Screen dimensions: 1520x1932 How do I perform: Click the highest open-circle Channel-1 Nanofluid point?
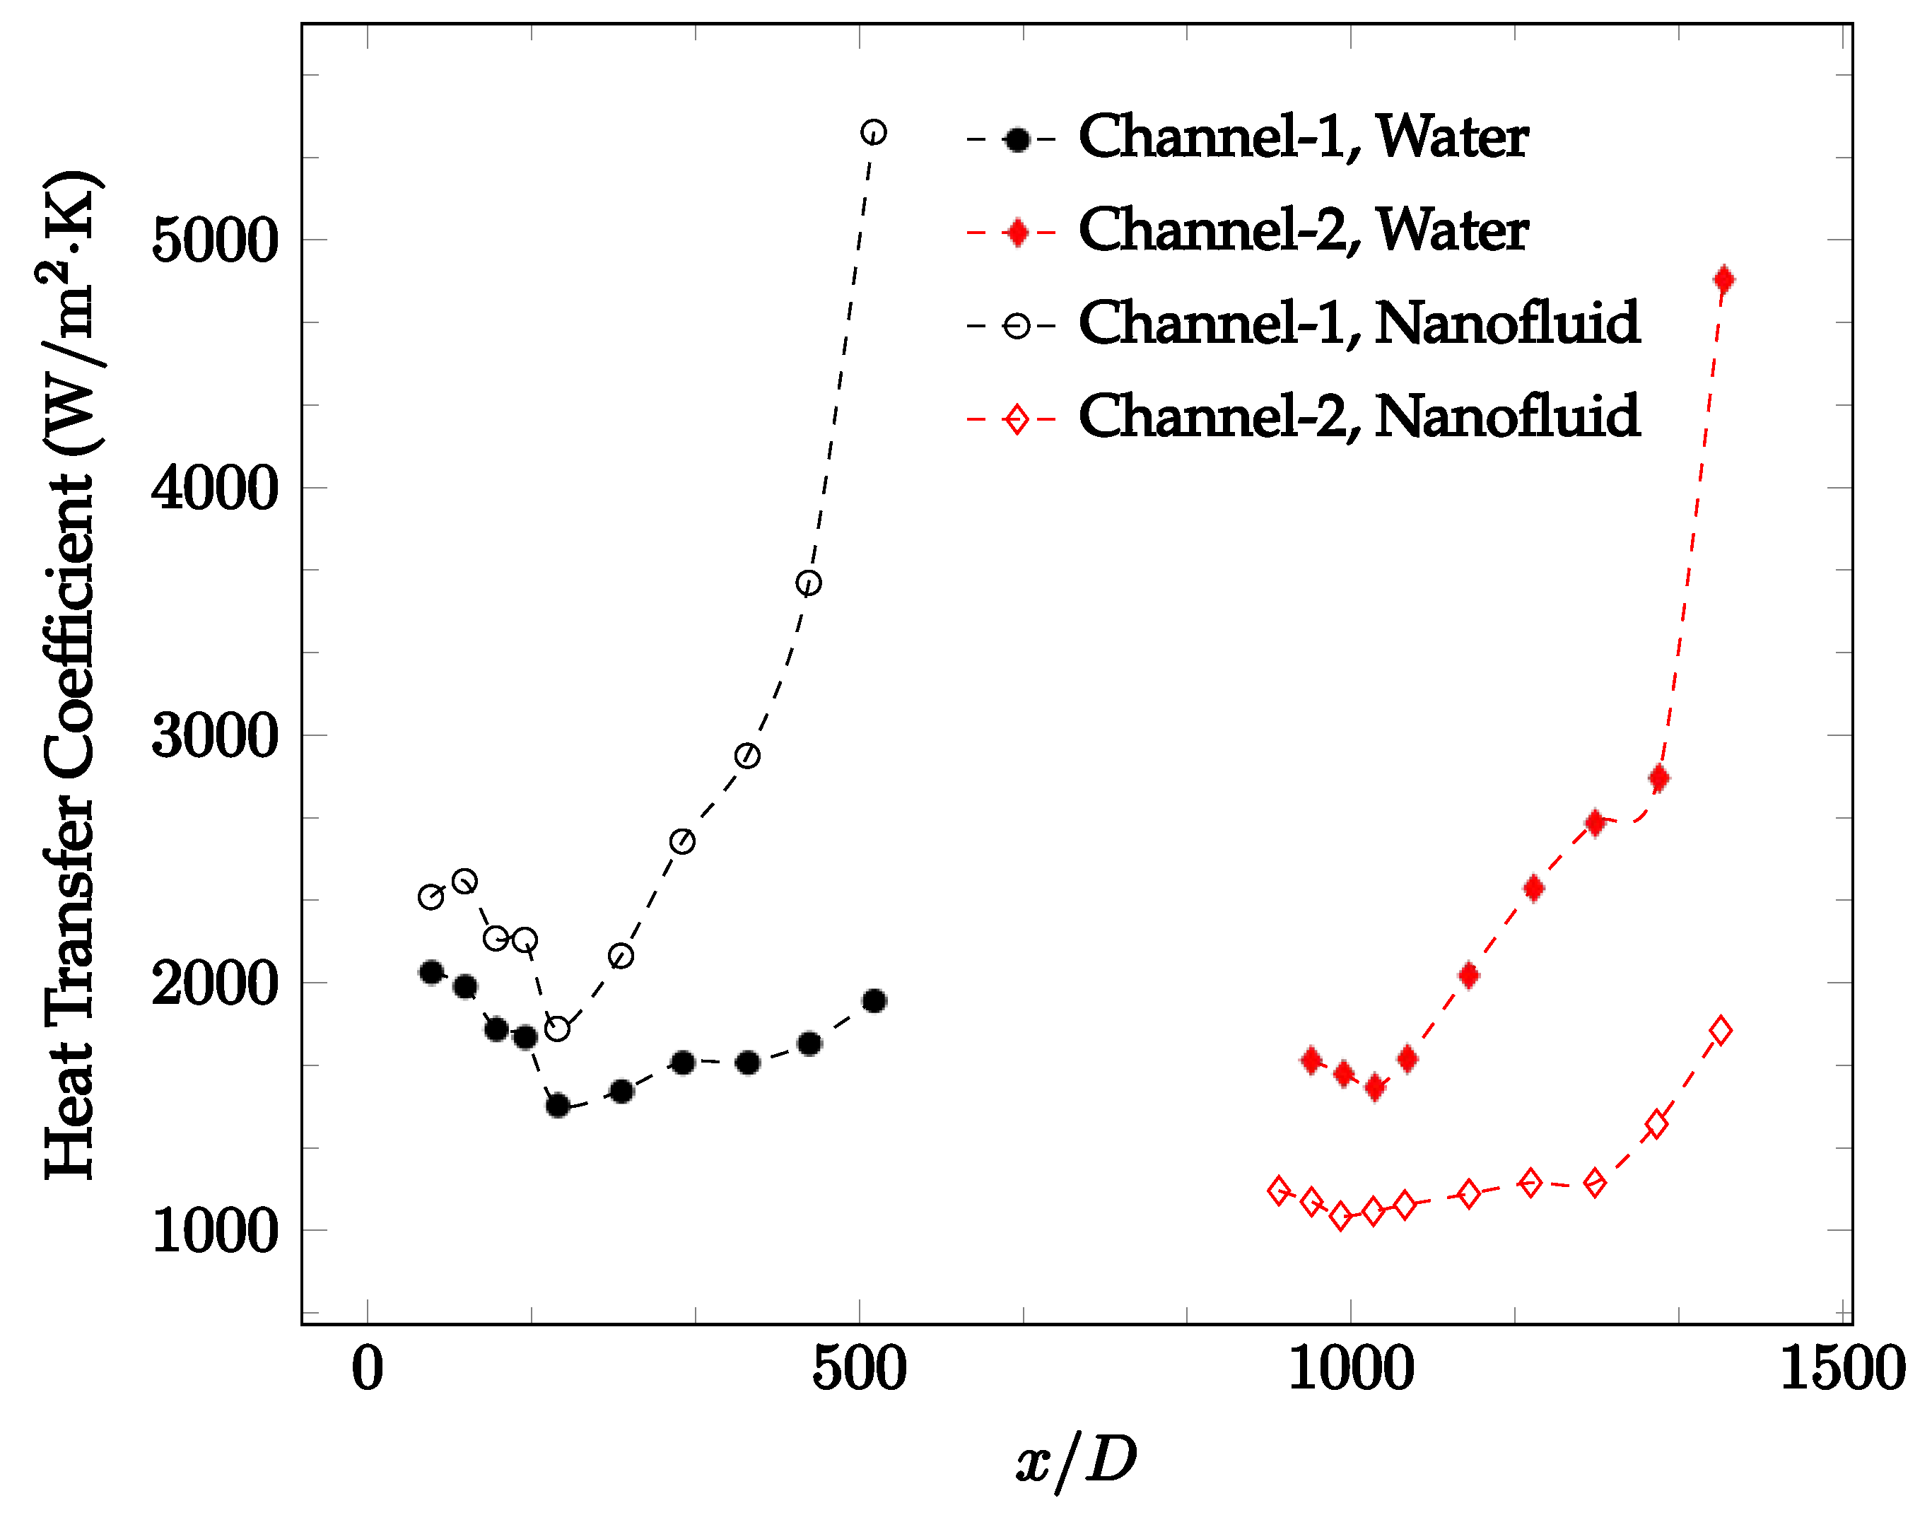[x=873, y=131]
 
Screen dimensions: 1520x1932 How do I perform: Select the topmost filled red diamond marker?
[x=1723, y=279]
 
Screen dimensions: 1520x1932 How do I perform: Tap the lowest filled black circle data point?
[x=557, y=1105]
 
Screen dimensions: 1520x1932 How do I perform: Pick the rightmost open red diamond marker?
[x=1720, y=1031]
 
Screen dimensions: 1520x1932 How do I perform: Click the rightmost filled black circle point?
[x=874, y=1001]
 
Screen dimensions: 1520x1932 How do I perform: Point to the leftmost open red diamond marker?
[x=1279, y=1190]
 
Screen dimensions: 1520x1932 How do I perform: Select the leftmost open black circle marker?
[x=431, y=897]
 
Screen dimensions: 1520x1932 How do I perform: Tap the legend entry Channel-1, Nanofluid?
[x=1358, y=323]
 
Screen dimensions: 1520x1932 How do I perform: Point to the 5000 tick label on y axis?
[x=214, y=240]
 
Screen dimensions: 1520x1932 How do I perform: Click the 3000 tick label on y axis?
[x=214, y=736]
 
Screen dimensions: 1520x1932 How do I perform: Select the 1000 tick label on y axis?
[x=214, y=1232]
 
